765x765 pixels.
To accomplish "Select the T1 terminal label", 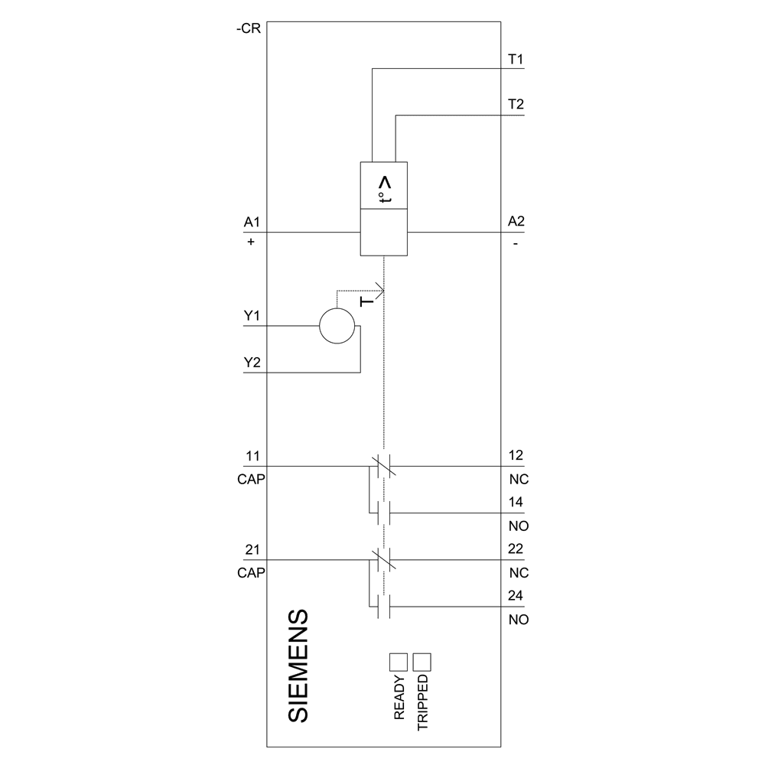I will [x=516, y=59].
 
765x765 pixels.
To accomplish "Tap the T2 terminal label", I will [x=516, y=105].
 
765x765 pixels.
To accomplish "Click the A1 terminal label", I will [x=252, y=222].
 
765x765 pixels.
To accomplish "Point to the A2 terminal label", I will [x=516, y=222].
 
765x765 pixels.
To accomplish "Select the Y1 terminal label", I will [x=252, y=316].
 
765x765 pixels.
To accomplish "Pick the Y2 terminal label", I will [x=252, y=363].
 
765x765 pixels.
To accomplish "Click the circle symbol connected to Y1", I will [x=337, y=327].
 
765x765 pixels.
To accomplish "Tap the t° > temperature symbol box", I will [x=384, y=185].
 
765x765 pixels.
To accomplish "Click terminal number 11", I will [x=252, y=456].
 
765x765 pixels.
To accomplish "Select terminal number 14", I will [x=516, y=503].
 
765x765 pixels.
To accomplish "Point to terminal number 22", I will [x=516, y=549].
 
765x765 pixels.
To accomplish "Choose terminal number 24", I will [x=516, y=596].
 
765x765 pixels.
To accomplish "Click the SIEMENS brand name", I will [x=299, y=666].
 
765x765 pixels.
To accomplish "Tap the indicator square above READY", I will [x=399, y=662].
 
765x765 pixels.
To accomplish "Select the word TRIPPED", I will [x=423, y=703].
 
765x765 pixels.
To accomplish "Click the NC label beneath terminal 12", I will [x=518, y=480].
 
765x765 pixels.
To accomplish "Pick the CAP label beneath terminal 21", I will [x=252, y=572].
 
